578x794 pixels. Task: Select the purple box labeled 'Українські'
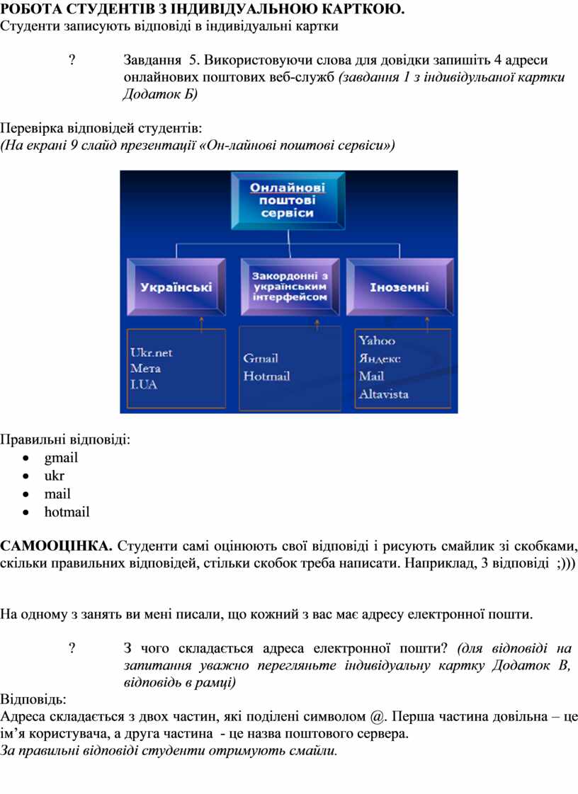[x=176, y=287]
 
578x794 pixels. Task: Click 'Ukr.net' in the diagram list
[x=151, y=352]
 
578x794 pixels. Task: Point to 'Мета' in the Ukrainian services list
[x=145, y=368]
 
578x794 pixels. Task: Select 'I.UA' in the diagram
[x=144, y=384]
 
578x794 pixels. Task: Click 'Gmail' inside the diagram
[x=261, y=359]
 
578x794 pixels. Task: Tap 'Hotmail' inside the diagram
[x=266, y=376]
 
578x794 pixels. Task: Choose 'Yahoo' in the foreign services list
[x=377, y=341]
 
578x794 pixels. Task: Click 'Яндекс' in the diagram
[x=379, y=359]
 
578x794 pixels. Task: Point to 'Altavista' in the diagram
[x=383, y=393]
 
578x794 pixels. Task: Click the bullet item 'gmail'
[x=61, y=457]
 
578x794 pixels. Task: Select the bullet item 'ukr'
[x=55, y=476]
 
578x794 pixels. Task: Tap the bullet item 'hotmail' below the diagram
[x=67, y=512]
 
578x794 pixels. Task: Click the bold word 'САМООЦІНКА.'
[x=56, y=546]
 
